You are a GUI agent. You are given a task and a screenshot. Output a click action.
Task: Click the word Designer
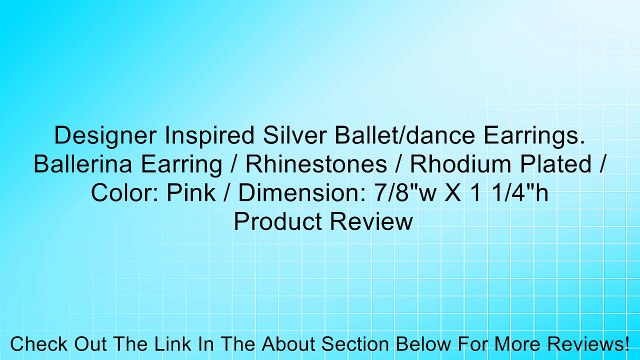[x=99, y=135]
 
